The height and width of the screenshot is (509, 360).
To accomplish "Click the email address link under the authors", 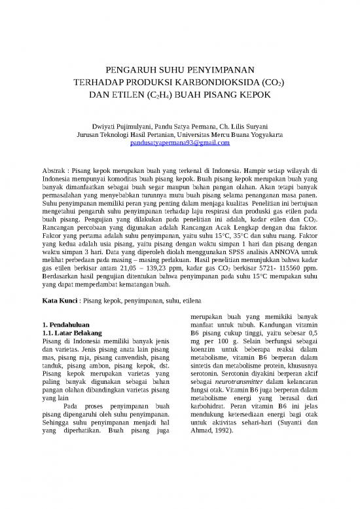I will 179,142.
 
